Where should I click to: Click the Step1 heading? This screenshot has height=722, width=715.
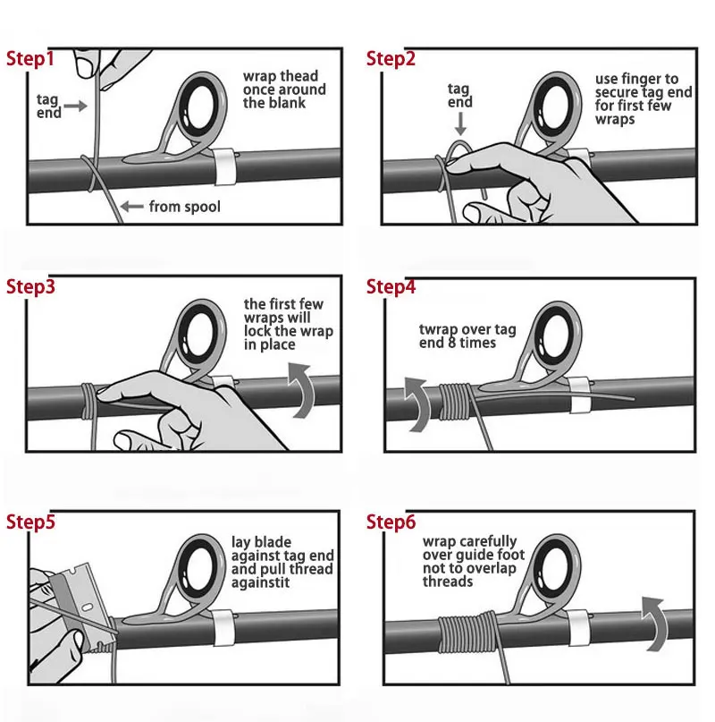[x=30, y=59]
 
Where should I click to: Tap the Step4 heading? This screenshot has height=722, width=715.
[x=391, y=286]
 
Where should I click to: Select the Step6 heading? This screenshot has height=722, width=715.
[x=391, y=522]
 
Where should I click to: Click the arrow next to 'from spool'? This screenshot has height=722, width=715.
[x=131, y=207]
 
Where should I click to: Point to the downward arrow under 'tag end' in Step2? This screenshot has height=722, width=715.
[x=460, y=123]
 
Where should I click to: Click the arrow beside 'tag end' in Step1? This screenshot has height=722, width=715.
[x=75, y=106]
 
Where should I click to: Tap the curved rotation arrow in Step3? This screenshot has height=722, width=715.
[x=301, y=390]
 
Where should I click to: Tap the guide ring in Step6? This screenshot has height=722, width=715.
[x=557, y=565]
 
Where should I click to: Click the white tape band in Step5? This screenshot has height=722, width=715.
[x=223, y=627]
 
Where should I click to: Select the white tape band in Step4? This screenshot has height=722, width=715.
[x=579, y=395]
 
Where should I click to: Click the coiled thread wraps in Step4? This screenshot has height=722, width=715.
[x=454, y=401]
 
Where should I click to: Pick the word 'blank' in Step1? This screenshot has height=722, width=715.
[x=288, y=103]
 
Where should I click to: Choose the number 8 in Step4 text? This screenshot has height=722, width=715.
[x=452, y=343]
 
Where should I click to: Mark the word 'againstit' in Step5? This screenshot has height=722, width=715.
[x=260, y=583]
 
